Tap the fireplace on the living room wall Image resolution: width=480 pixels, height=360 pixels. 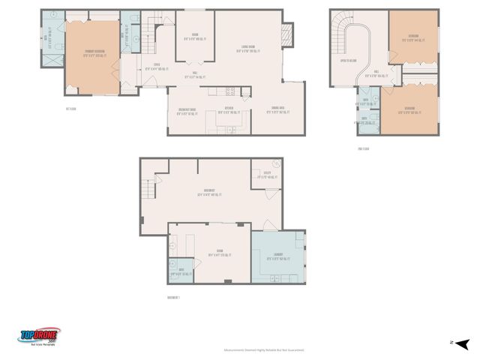click(x=283, y=33)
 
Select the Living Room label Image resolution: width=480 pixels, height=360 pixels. click(x=247, y=49)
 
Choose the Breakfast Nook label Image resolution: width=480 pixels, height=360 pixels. click(x=181, y=111)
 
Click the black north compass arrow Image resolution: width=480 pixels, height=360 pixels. click(x=463, y=343)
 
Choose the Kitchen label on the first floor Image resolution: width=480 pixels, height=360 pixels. click(x=227, y=109)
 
